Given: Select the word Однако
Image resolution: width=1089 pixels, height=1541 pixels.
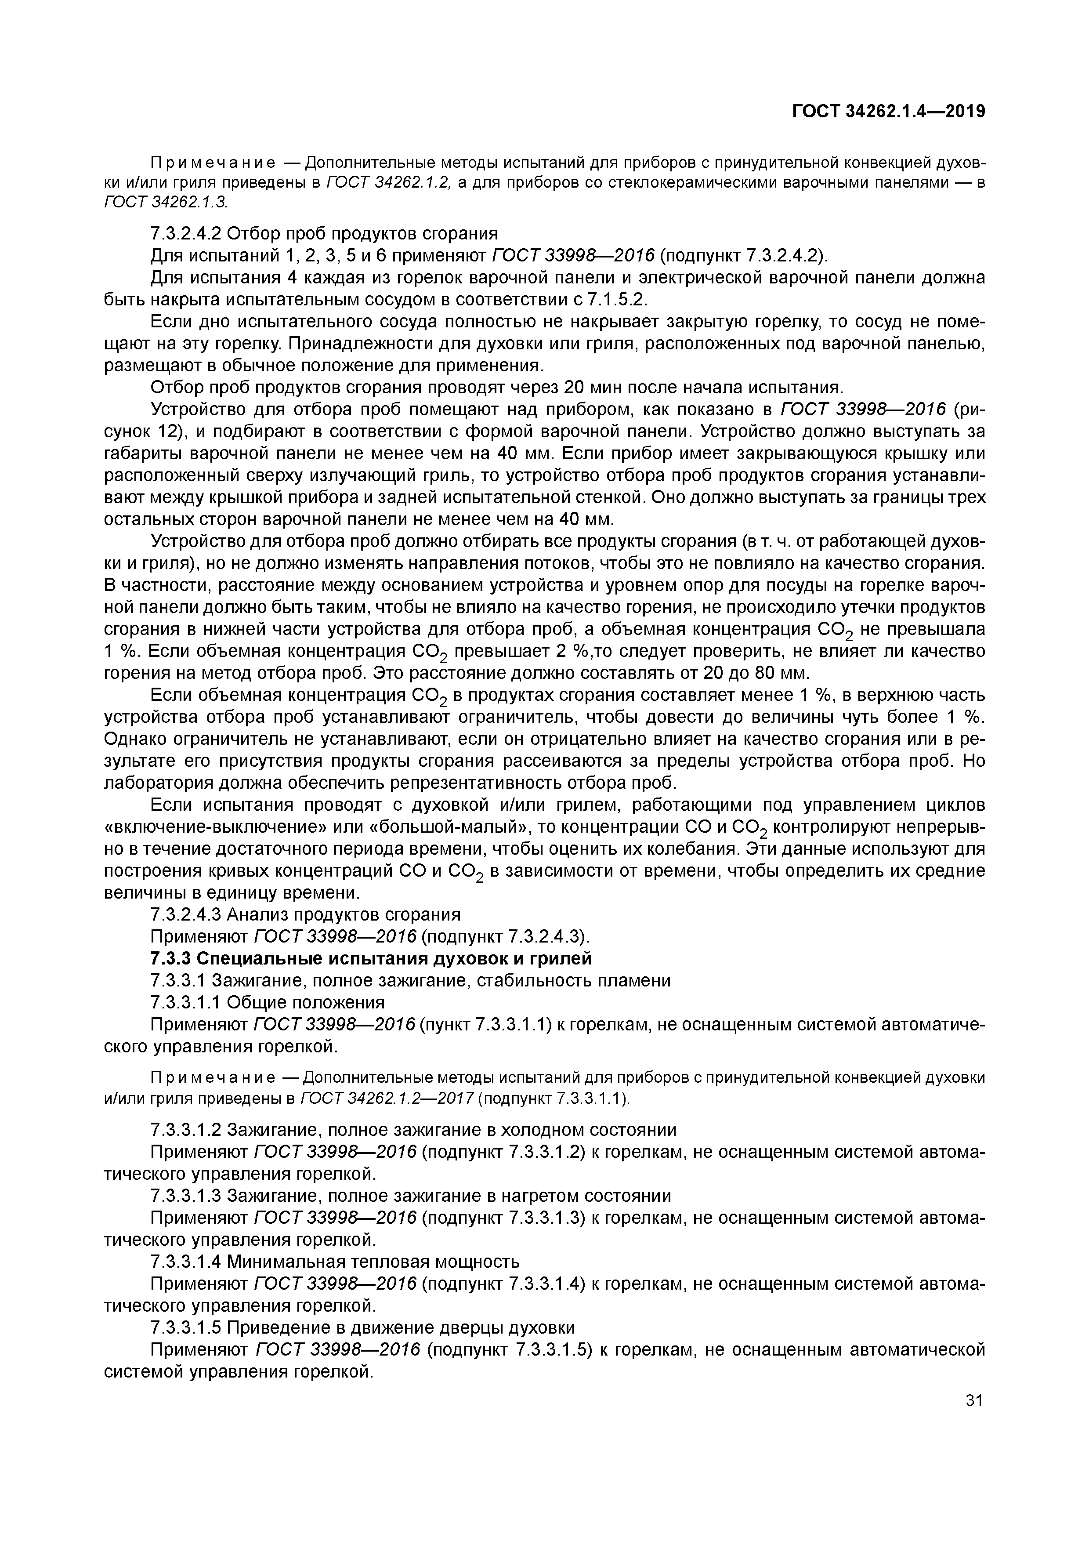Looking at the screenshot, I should click(x=137, y=739).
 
